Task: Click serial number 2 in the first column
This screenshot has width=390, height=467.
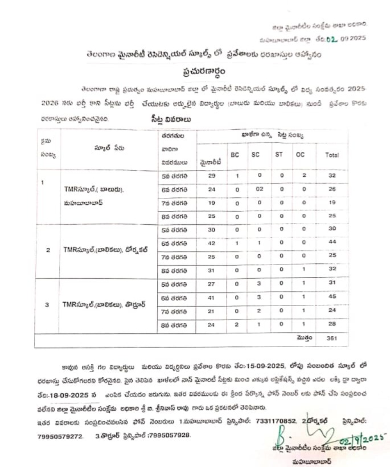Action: coord(48,249)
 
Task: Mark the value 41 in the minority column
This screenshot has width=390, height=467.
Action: coord(211,296)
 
